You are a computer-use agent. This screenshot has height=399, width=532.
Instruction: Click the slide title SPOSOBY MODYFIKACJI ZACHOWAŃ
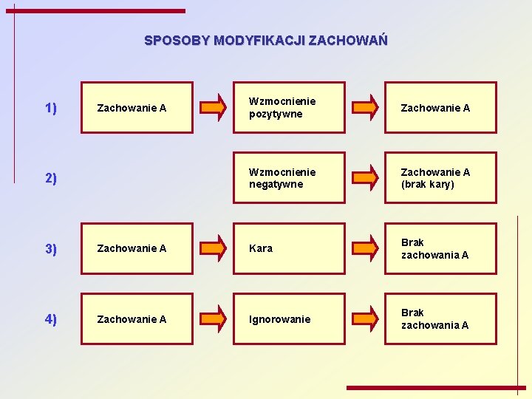pos(265,40)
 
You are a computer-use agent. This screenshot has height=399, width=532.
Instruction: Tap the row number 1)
pos(51,108)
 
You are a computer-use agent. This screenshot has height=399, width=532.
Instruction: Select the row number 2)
pos(51,178)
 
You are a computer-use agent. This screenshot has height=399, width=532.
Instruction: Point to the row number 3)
pos(51,248)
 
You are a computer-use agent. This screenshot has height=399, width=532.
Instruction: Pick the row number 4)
pos(51,319)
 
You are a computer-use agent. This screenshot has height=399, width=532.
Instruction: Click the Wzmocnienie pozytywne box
pos(289,107)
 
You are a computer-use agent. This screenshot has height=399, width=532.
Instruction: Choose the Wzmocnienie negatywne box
pos(289,177)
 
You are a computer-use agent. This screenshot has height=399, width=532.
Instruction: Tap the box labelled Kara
pos(289,248)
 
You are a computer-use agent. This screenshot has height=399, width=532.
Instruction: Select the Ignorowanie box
pos(289,318)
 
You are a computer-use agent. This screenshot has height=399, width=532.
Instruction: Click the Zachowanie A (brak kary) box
pos(440,177)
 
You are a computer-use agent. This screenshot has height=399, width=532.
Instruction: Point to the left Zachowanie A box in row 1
pos(137,107)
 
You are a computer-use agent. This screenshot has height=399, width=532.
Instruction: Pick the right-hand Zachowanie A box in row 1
pos(440,107)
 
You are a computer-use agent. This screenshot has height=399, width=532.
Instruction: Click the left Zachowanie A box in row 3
pos(137,248)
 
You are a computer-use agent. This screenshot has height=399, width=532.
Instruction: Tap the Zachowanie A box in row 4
pos(137,318)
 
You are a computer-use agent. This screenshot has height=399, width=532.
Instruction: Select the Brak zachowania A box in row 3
pos(440,248)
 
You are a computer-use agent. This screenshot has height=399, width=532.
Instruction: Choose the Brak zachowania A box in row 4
pos(440,318)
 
